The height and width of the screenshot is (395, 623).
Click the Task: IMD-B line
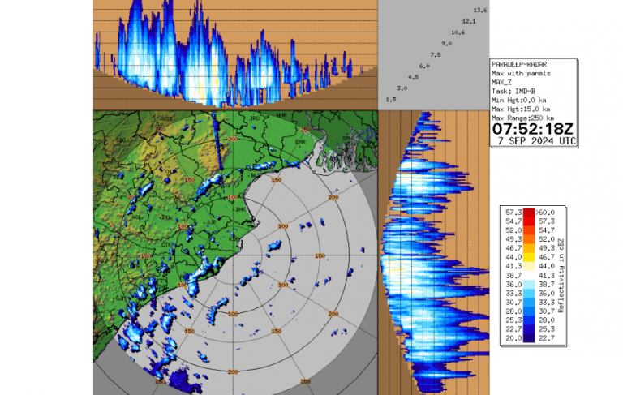513,91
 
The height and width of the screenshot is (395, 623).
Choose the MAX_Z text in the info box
504,82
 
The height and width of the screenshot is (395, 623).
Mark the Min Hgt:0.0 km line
520,100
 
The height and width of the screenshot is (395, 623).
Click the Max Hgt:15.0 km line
522,109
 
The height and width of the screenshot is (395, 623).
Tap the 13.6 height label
479,10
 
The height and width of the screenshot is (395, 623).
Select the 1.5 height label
390,99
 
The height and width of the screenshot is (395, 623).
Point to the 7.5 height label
435,54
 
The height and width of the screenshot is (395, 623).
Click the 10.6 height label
458,32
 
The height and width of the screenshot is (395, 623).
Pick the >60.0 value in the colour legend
544,212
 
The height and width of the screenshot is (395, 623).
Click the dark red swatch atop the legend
528,213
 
